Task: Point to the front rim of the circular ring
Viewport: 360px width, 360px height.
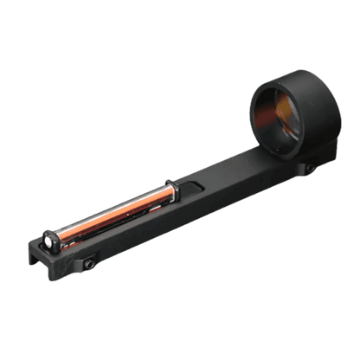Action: point(250,112)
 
